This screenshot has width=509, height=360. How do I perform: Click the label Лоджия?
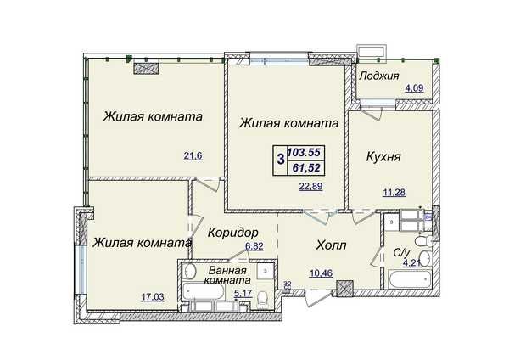tap(379, 76)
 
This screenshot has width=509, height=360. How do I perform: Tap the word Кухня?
tap(383, 157)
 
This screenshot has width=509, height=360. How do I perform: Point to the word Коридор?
tap(232, 232)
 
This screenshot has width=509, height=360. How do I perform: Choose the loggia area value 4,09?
tap(414, 88)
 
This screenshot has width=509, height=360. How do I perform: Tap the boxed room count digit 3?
tap(280, 160)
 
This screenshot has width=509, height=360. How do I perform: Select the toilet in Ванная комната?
tap(264, 296)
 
